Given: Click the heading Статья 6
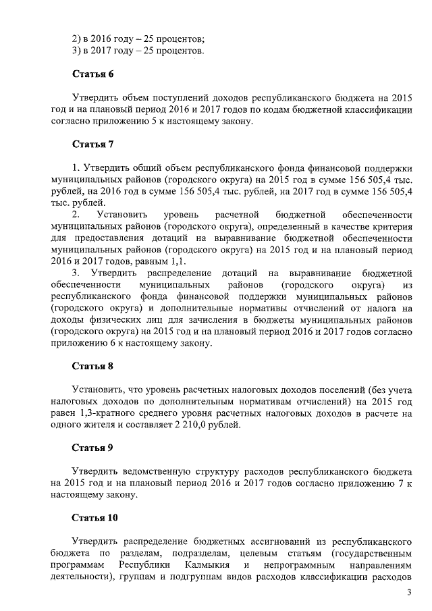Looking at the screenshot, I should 93,73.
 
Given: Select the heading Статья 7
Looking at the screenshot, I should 93,144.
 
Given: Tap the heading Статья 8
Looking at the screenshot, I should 93,367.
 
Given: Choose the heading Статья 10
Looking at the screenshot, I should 95,518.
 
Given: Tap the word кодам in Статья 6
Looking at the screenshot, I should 288,109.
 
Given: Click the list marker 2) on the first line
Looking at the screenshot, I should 77,38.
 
